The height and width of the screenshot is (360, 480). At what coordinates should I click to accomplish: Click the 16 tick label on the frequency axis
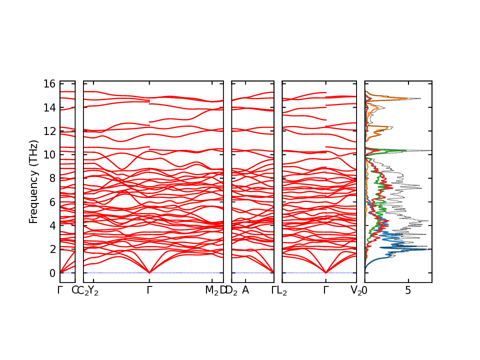(x=48, y=84)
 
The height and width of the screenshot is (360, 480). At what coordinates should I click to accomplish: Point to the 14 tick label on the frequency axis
(x=48, y=107)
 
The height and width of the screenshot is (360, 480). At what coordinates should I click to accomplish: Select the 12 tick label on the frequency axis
(x=48, y=131)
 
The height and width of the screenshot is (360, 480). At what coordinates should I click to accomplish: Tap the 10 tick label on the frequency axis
(x=48, y=155)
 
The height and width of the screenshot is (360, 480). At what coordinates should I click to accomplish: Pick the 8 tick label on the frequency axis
(x=51, y=178)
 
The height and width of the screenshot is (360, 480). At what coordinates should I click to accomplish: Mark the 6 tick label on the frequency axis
(x=51, y=202)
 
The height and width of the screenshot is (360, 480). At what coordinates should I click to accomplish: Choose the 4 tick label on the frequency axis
(x=51, y=225)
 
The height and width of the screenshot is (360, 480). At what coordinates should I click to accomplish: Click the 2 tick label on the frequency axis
(x=51, y=249)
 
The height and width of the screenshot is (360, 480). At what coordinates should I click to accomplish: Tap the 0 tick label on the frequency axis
(x=51, y=273)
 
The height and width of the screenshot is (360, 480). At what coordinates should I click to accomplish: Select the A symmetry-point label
(x=245, y=290)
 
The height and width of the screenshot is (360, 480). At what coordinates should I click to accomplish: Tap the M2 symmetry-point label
(x=212, y=291)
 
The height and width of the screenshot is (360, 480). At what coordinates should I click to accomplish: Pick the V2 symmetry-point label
(x=356, y=291)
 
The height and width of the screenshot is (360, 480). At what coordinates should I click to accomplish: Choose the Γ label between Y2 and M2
(x=149, y=290)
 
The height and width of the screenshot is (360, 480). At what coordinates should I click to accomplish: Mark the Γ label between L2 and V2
(x=326, y=290)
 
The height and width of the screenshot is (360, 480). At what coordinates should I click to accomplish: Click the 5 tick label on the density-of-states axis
(x=408, y=290)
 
